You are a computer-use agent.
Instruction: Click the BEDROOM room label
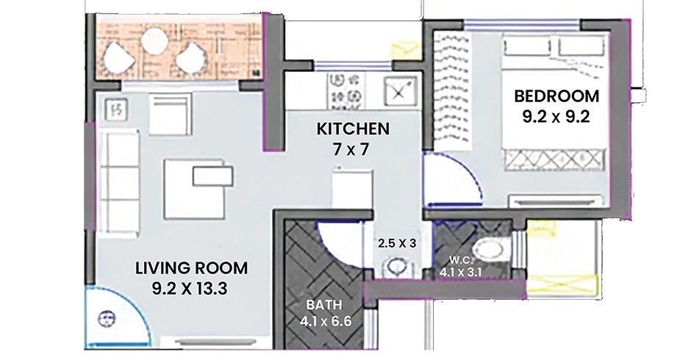pyautogui.click(x=556, y=96)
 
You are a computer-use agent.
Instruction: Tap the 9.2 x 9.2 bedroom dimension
pyautogui.click(x=556, y=118)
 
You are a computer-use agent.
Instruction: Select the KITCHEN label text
pyautogui.click(x=353, y=129)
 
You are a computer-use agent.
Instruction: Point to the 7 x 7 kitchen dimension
pyautogui.click(x=351, y=150)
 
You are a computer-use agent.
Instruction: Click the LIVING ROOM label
pyautogui.click(x=191, y=268)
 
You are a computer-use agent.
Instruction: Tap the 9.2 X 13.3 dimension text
pyautogui.click(x=190, y=289)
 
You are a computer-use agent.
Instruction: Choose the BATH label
pyautogui.click(x=324, y=305)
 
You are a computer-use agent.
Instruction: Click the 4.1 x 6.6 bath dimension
pyautogui.click(x=325, y=322)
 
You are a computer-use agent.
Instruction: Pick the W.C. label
pyautogui.click(x=459, y=260)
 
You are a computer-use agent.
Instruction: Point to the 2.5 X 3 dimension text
pyautogui.click(x=397, y=243)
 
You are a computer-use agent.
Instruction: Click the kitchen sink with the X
pyautogui.click(x=399, y=92)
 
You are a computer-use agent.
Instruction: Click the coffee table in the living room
pyautogui.click(x=198, y=189)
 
